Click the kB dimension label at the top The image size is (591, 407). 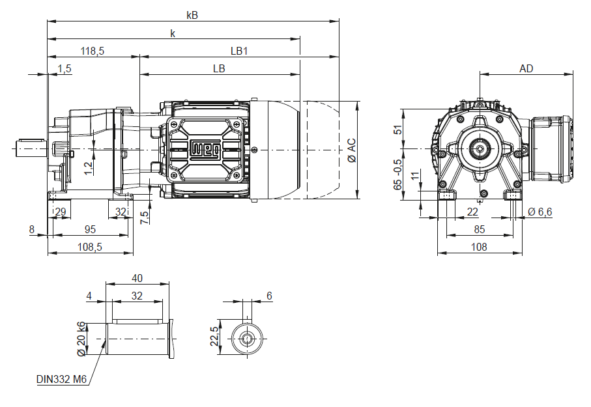[x=192, y=14]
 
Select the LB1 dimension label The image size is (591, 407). [x=239, y=50]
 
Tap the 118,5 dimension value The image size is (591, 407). [x=93, y=50]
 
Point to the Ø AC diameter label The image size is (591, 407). [x=351, y=150]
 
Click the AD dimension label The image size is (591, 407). [x=526, y=68]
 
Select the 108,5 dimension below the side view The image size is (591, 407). [x=90, y=247]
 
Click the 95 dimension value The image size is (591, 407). [x=90, y=229]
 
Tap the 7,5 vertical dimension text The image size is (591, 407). [x=145, y=217]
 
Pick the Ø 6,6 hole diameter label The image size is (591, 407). [x=540, y=212]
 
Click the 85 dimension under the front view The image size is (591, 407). [x=479, y=229]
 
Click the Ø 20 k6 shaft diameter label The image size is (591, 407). [x=82, y=339]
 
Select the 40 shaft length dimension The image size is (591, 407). [x=137, y=278]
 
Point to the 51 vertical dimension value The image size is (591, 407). [x=398, y=129]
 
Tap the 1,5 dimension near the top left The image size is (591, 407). [x=64, y=68]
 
